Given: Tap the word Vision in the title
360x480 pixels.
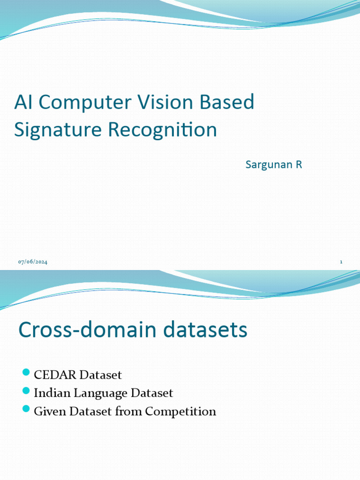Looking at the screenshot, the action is coord(165,102).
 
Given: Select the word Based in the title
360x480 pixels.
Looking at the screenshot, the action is coord(227,102).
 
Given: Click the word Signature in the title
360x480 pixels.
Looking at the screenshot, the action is coord(58,130).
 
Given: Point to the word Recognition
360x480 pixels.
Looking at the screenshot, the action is coord(163,130).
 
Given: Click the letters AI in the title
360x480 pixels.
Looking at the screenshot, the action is coord(23,102).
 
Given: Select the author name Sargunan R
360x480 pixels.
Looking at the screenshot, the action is coord(274,165).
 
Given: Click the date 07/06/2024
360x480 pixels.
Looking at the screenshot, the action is coord(33,262).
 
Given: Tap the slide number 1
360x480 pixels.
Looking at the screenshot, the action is coord(341,262).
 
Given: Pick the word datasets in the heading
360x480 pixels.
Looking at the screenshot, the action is coord(205,330).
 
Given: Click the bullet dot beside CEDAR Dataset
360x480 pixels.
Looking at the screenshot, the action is coord(26,372).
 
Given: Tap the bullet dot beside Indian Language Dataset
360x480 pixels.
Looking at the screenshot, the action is coord(26,390).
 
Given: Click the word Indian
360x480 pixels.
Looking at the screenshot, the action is coord(52,393).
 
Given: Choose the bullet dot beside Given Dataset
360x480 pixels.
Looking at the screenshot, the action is coord(26,409).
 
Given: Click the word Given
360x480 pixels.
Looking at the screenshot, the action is coord(50,412).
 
